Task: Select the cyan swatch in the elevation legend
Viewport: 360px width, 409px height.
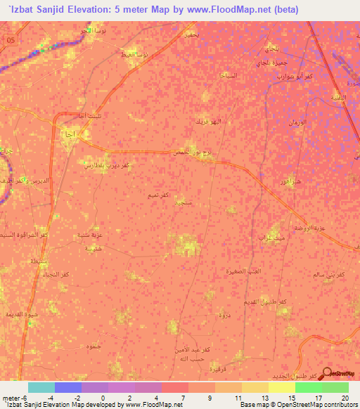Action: (x=41, y=387)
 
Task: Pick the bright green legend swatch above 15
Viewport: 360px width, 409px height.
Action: (x=308, y=387)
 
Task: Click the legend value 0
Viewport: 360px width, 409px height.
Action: (x=103, y=398)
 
